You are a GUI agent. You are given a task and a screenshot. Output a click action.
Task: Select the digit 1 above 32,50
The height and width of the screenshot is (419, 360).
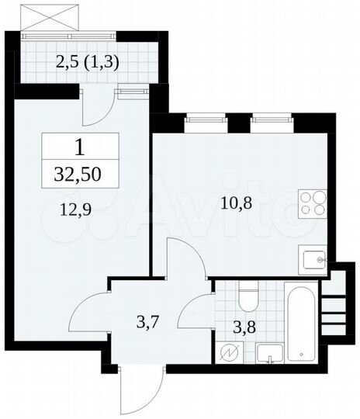81,146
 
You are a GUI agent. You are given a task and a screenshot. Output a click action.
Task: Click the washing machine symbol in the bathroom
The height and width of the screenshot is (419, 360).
231,353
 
